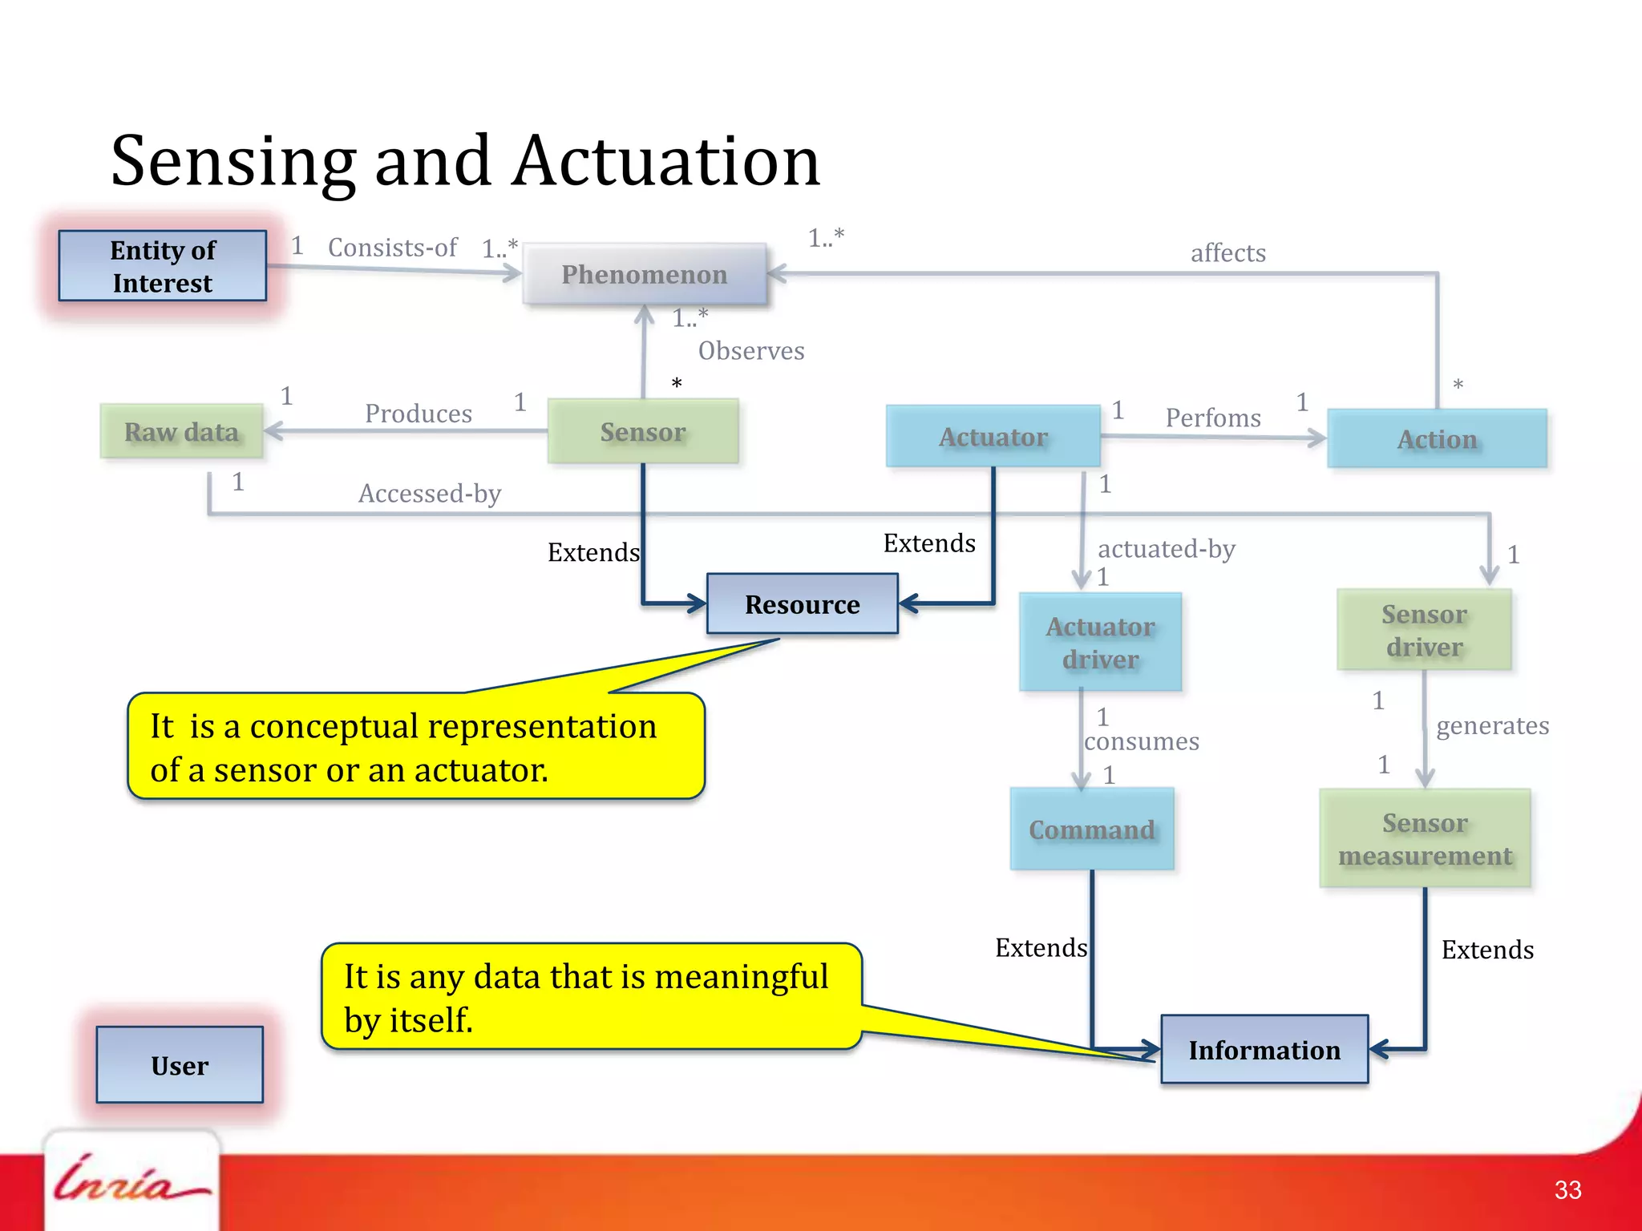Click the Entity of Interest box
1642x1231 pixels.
[163, 266]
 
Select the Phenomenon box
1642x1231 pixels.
[645, 274]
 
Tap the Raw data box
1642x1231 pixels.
[182, 432]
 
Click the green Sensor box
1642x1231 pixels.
[643, 432]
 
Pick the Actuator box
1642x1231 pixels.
[993, 437]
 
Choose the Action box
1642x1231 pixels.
[1437, 439]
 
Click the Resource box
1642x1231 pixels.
[802, 604]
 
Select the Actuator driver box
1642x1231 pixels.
[1100, 643]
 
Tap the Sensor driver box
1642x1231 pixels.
[1424, 631]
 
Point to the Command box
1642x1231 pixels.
[1092, 829]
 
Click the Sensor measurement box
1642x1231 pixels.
[1425, 839]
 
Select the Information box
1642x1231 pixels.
[1264, 1050]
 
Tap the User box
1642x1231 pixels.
[180, 1065]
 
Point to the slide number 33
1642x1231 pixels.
[1567, 1190]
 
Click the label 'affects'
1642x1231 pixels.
[1227, 253]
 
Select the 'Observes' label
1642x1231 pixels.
[751, 351]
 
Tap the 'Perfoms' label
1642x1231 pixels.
[1213, 418]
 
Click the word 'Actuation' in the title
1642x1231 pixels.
[667, 162]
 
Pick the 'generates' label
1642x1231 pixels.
[1492, 726]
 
